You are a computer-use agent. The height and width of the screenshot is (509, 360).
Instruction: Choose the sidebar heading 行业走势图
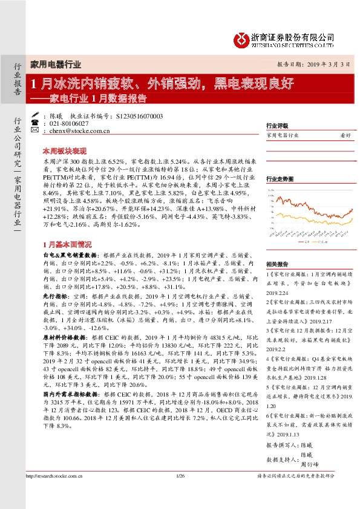pos(279,180)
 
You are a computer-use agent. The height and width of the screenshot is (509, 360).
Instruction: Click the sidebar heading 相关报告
pos(276,264)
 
